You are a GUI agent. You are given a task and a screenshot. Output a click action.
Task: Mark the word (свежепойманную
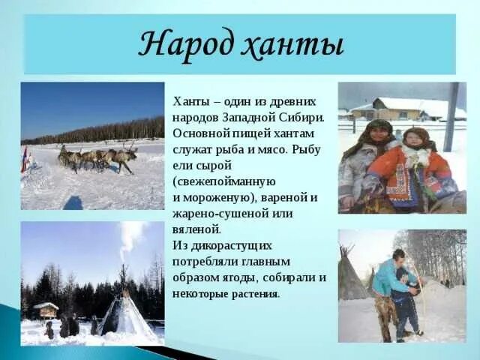[224, 181]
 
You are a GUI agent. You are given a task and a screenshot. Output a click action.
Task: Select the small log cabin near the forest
[46, 310]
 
